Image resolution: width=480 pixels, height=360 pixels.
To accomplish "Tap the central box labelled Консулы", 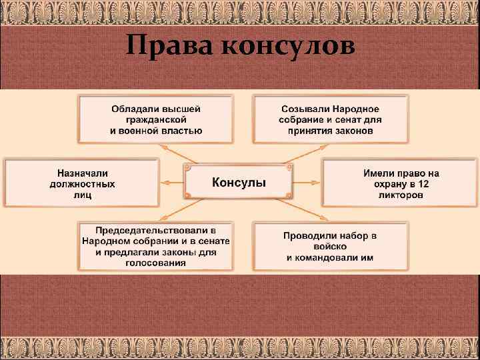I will point(239,182).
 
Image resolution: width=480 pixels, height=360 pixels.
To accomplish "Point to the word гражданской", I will point(155,119).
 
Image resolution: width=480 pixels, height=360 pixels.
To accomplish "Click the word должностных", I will point(82,183).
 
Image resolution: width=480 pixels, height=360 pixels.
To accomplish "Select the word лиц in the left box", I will point(82,195).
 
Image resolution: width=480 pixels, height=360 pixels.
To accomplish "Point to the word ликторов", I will point(401,195).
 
